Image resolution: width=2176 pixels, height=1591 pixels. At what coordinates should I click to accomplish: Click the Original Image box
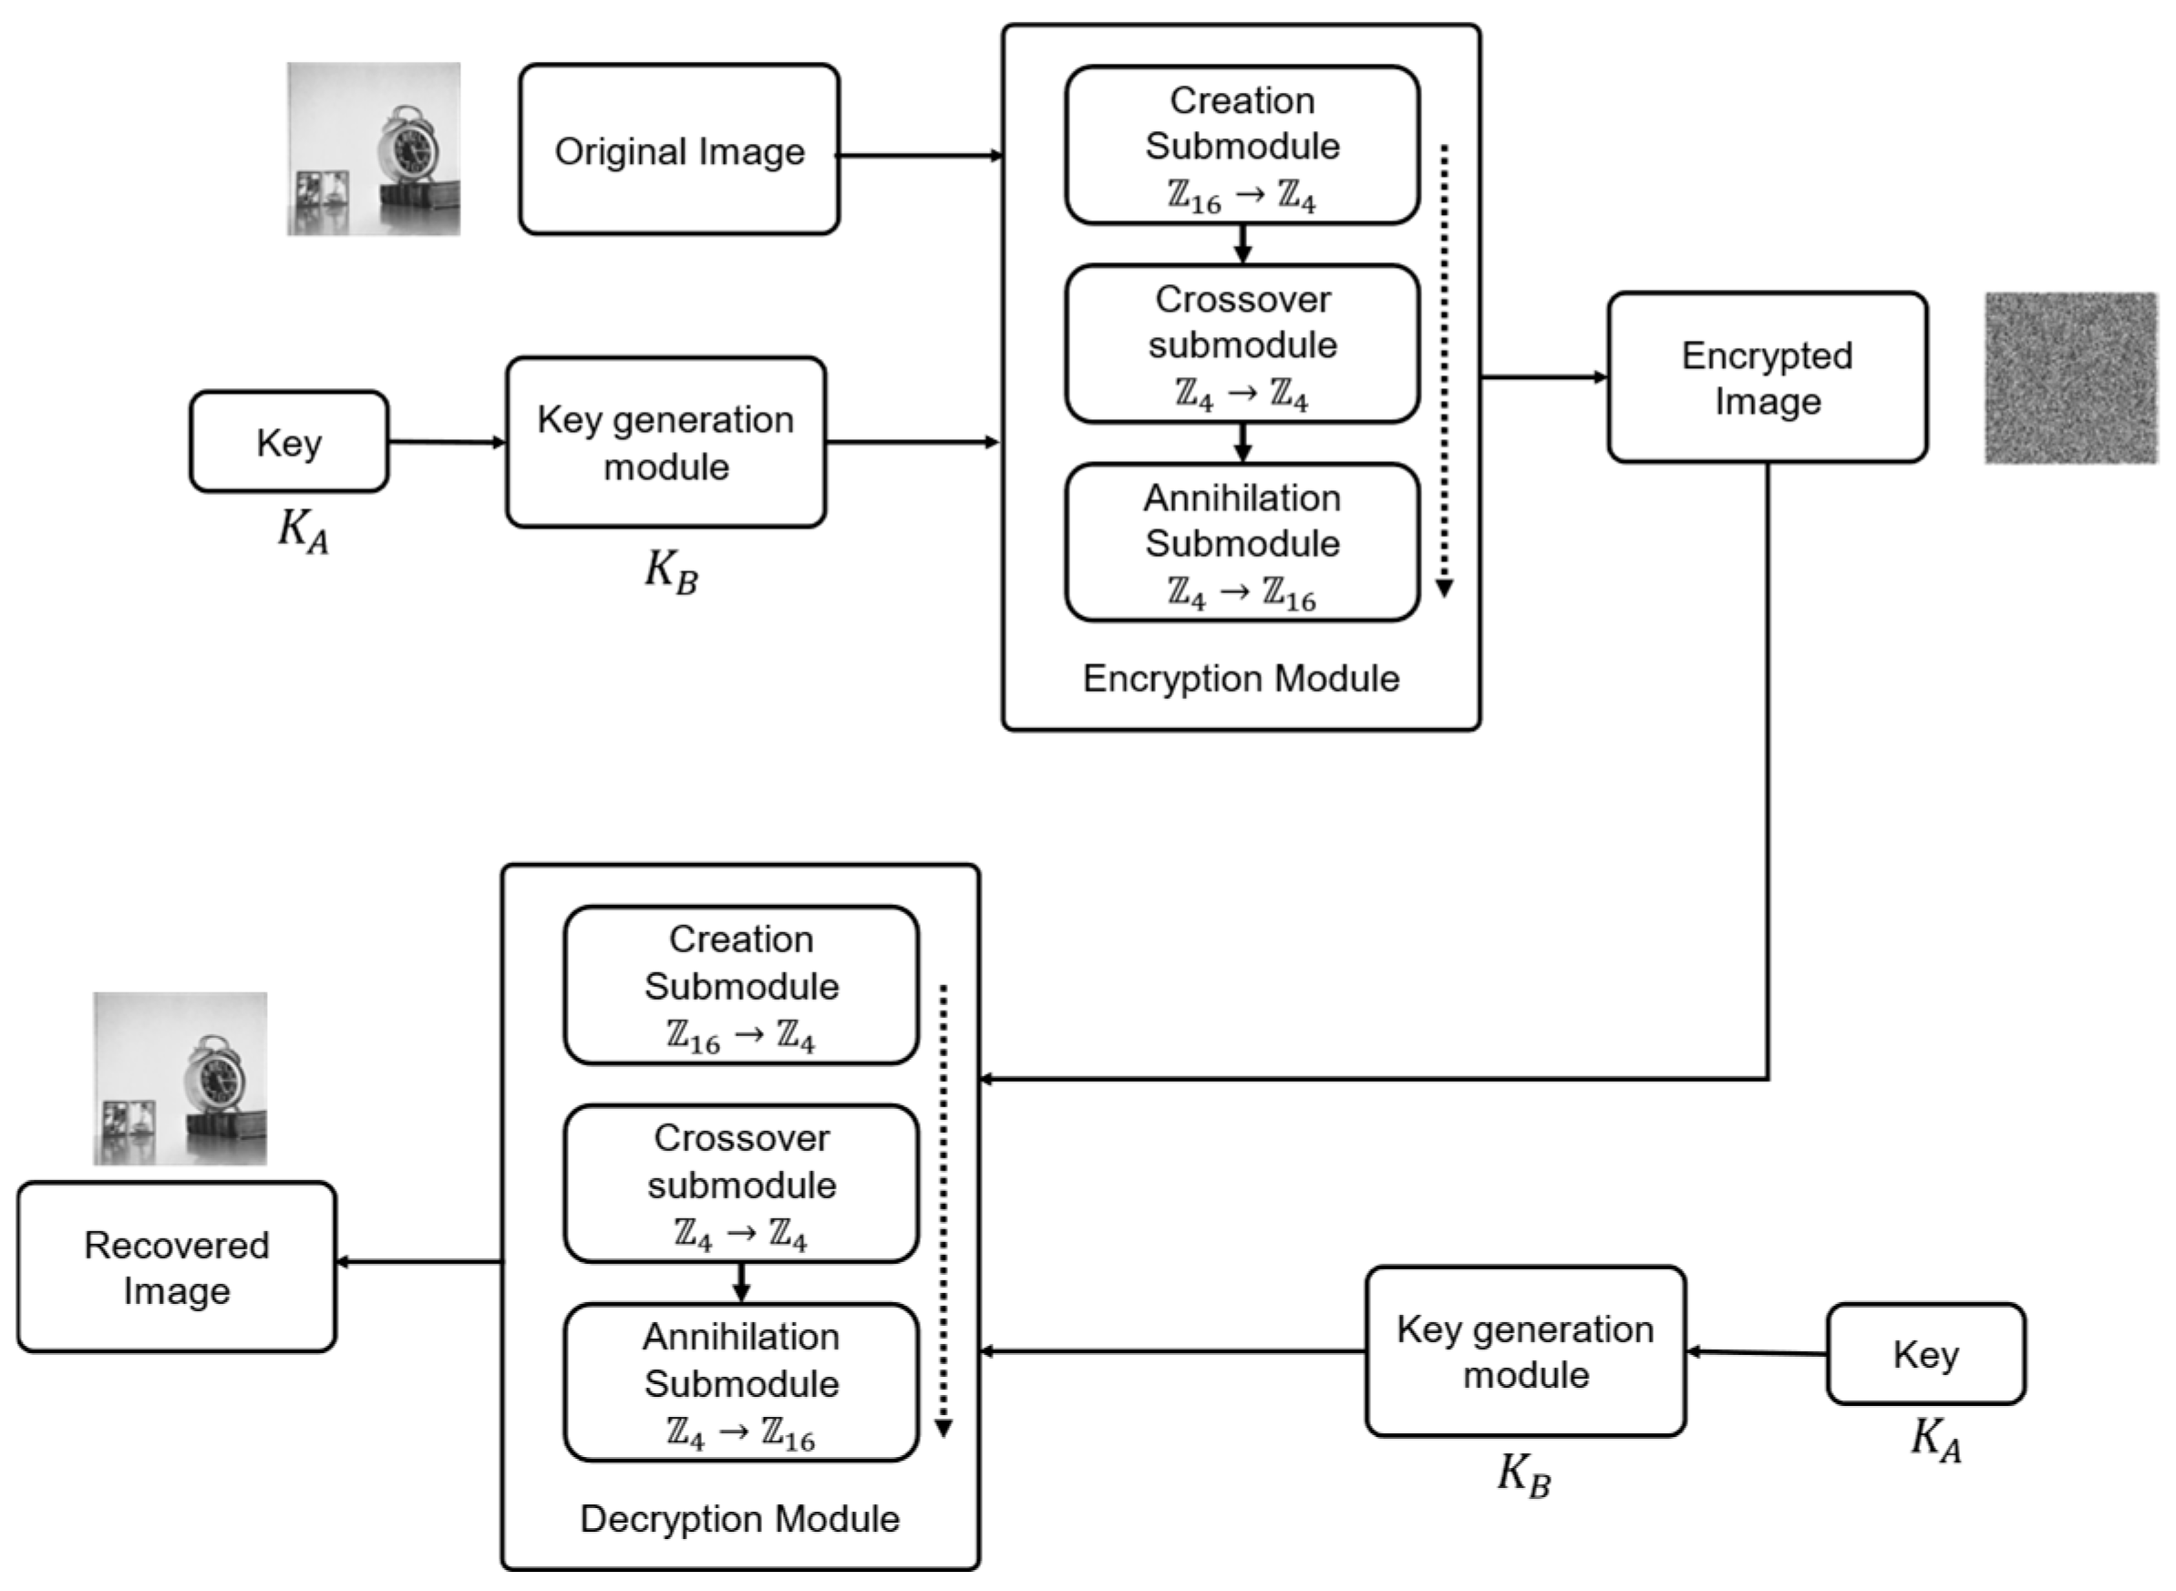[x=678, y=149]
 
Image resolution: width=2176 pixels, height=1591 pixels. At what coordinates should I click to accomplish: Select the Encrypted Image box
[x=1766, y=377]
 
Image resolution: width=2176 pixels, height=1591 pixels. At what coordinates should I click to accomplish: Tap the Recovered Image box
[x=176, y=1267]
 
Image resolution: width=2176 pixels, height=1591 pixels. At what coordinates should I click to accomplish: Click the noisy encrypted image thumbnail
[x=2070, y=377]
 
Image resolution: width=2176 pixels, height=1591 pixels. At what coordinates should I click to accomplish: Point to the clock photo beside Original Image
[x=373, y=149]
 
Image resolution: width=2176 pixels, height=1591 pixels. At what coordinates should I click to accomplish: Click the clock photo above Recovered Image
[x=180, y=1079]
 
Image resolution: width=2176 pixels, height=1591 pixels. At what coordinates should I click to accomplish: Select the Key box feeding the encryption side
[x=289, y=442]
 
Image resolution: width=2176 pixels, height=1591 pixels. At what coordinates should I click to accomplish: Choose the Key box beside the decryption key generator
[x=1924, y=1354]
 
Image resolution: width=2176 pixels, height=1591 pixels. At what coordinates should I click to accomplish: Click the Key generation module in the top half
[x=665, y=442]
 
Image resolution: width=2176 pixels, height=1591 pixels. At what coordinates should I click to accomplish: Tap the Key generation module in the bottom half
[x=1525, y=1350]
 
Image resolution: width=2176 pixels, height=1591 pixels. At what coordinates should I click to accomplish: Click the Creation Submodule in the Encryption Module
[x=1242, y=145]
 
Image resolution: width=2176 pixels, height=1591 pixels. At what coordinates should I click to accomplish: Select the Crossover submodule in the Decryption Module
[x=741, y=1184]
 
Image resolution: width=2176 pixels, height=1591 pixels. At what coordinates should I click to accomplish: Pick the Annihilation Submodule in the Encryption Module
[x=1242, y=542]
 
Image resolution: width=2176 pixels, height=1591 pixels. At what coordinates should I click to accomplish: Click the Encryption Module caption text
[x=1241, y=679]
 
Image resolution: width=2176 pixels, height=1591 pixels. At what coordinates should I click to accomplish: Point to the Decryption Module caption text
[x=740, y=1519]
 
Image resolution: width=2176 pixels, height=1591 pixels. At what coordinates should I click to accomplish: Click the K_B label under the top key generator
[x=670, y=572]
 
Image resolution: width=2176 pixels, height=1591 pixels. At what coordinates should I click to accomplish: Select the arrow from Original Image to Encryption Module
[x=920, y=155]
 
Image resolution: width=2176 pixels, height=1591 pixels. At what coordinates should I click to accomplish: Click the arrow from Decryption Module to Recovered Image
[x=419, y=1262]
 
